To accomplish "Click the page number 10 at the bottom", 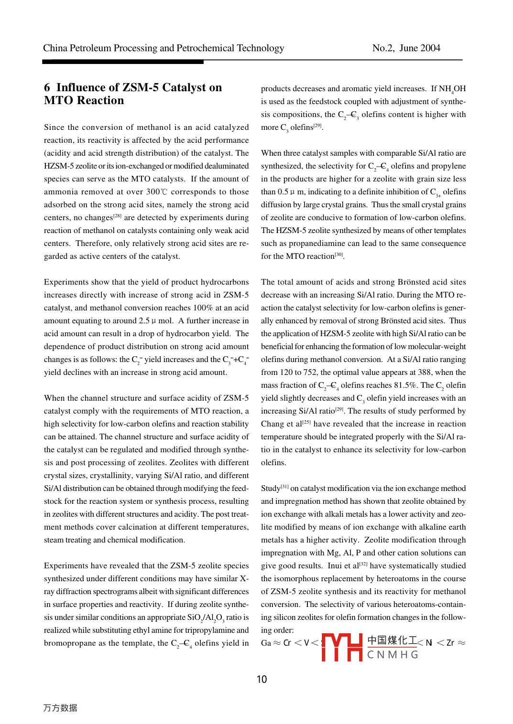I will (262, 679).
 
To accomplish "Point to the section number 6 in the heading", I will (47, 88).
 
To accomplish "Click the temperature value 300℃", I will (157, 192).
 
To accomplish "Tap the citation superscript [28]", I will (117, 216).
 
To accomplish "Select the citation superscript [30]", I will (339, 255).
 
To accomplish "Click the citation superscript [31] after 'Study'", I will (284, 487).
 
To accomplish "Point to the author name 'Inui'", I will (335, 566).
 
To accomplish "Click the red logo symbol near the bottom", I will (342, 647).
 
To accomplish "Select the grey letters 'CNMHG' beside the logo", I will (393, 655).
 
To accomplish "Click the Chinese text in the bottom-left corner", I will (60, 708).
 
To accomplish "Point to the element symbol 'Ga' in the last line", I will (266, 643).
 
